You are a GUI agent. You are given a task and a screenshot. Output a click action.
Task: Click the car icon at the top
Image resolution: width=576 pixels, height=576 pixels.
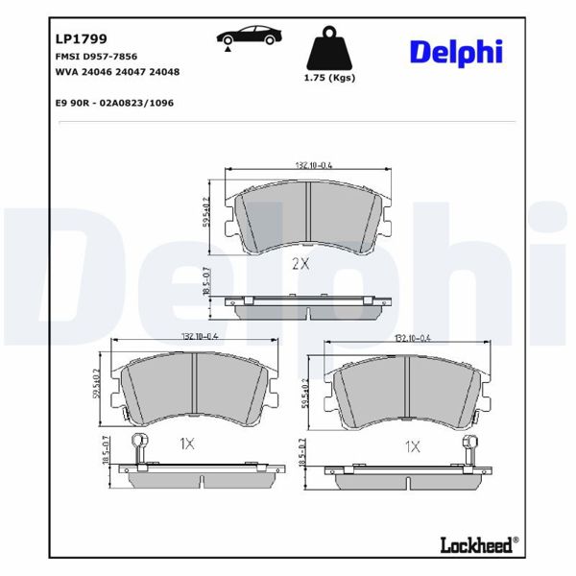click(250, 36)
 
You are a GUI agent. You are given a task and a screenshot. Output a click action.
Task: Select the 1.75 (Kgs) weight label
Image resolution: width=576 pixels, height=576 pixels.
click(328, 78)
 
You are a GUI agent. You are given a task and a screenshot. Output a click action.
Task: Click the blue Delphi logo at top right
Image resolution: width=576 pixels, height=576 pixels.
click(456, 51)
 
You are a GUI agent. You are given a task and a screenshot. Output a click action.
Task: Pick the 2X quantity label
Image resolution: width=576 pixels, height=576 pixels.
click(300, 263)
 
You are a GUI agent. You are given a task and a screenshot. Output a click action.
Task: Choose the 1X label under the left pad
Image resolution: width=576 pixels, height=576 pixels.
click(187, 444)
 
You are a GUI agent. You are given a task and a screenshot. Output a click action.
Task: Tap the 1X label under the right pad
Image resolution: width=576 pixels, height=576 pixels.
click(412, 445)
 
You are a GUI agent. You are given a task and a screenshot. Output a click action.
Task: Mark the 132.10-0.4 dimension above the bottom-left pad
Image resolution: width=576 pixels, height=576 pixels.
click(200, 336)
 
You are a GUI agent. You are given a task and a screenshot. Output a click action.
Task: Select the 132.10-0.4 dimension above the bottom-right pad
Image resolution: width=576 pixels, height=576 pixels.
click(414, 338)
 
